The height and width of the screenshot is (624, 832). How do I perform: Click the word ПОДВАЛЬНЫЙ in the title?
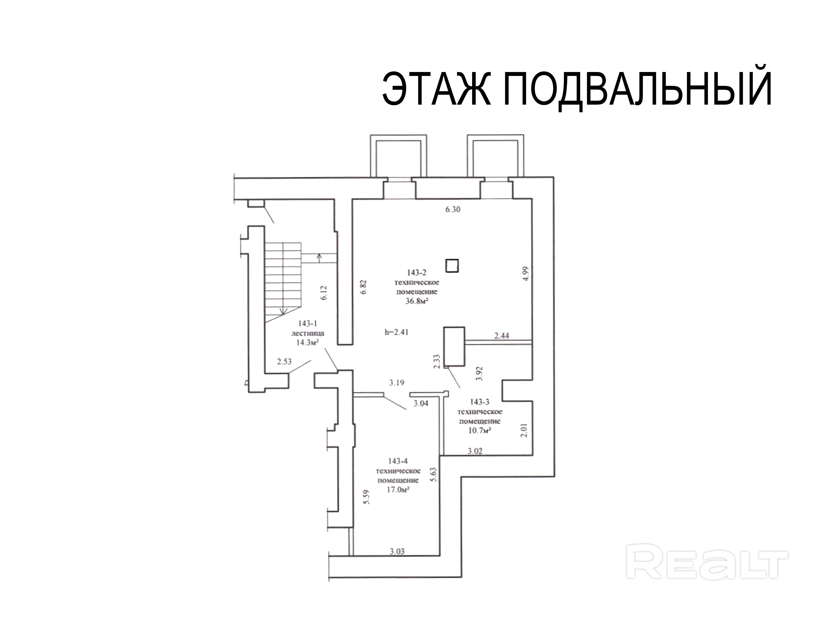(x=638, y=90)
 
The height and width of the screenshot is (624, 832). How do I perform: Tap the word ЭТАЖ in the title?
(x=436, y=90)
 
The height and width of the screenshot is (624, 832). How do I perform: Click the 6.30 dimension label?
(x=453, y=209)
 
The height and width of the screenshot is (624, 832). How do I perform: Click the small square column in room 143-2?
(x=452, y=266)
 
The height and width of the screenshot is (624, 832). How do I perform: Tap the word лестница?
(x=308, y=333)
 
